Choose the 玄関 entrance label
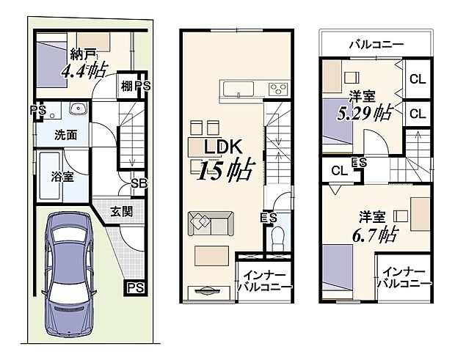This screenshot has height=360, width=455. pos(122,212)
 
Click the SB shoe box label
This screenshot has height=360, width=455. pos(138,183)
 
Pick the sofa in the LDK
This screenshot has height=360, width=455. pos(211,222)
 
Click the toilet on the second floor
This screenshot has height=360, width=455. pos(277,238)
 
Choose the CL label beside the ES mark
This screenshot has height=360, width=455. pos(338,171)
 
